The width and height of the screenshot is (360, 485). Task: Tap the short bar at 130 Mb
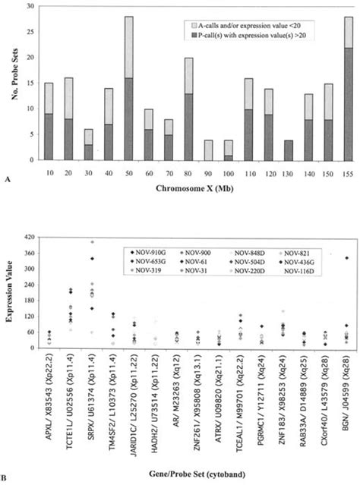pyautogui.click(x=287, y=150)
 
